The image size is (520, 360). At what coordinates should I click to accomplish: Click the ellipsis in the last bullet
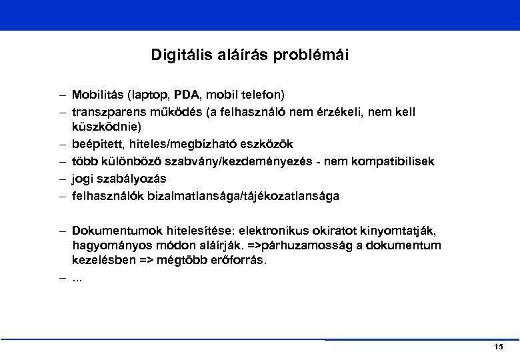point(77,277)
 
